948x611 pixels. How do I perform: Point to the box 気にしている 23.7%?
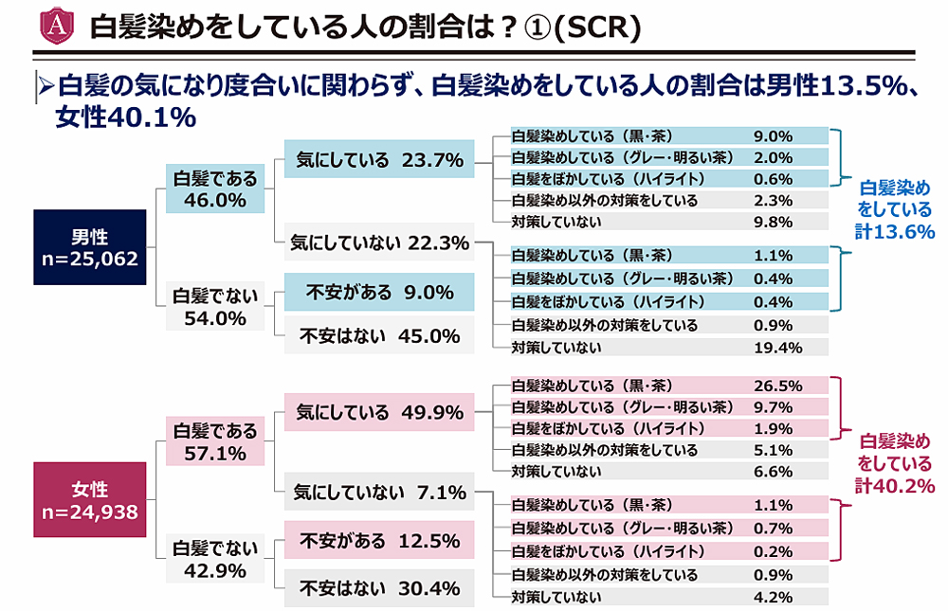tap(378, 161)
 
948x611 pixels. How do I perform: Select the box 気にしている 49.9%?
tap(378, 413)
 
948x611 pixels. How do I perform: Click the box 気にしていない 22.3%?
tap(378, 243)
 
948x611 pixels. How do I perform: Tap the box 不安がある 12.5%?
tap(378, 542)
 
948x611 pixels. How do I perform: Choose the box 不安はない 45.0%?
tap(378, 335)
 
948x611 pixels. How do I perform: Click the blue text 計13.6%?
tap(894, 231)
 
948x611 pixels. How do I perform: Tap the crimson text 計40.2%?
tap(894, 485)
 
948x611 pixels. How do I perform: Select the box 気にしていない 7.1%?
tap(378, 494)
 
